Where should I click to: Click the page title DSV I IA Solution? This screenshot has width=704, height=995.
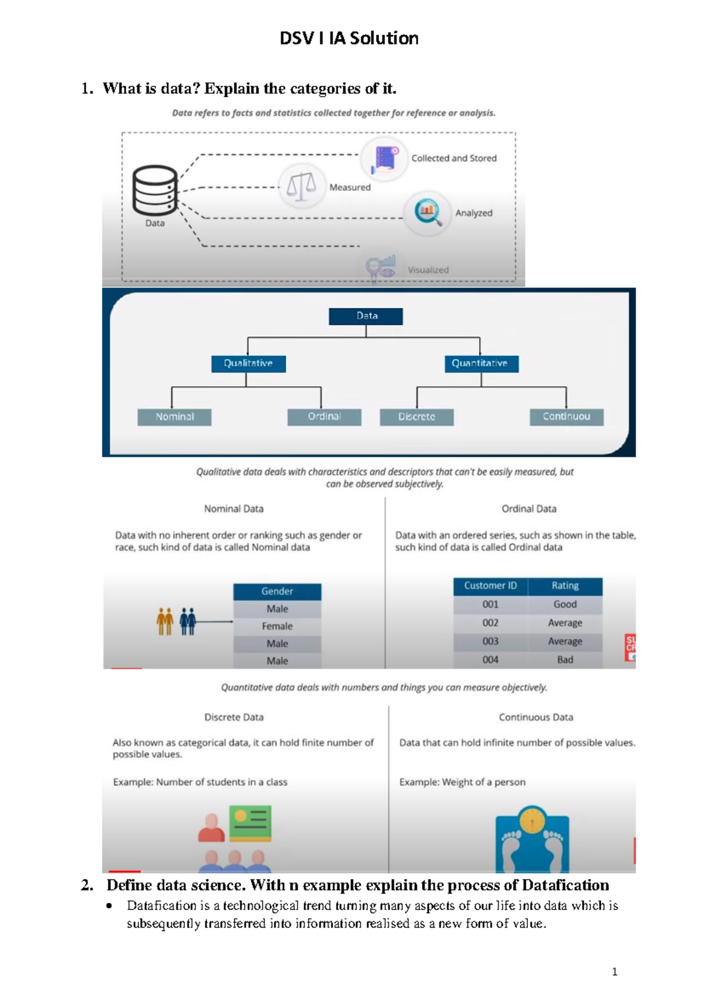tap(349, 38)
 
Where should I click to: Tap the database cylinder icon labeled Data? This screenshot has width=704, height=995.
tap(154, 191)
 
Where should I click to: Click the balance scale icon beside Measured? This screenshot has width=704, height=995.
tap(302, 186)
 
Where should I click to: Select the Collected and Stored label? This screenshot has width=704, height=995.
tap(453, 158)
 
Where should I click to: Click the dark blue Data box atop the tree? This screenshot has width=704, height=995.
tap(366, 316)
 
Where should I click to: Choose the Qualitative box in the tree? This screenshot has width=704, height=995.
tap(248, 364)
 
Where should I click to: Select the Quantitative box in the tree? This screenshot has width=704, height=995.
tap(480, 364)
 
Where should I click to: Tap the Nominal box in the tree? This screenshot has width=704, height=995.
tap(174, 417)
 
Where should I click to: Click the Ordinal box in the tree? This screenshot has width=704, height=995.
tap(324, 417)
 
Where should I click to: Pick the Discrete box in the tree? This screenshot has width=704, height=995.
tap(417, 417)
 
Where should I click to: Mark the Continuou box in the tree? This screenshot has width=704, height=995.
tap(566, 417)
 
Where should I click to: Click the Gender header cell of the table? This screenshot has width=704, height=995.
tap(277, 591)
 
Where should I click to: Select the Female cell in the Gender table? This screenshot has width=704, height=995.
tap(277, 626)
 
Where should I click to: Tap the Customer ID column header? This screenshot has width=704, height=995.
tap(490, 586)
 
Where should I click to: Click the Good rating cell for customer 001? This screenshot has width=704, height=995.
tap(565, 604)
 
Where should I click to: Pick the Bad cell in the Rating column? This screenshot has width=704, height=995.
tap(565, 660)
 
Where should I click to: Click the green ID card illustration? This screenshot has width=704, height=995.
tap(251, 823)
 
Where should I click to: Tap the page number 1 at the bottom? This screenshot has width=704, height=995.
tap(614, 972)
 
